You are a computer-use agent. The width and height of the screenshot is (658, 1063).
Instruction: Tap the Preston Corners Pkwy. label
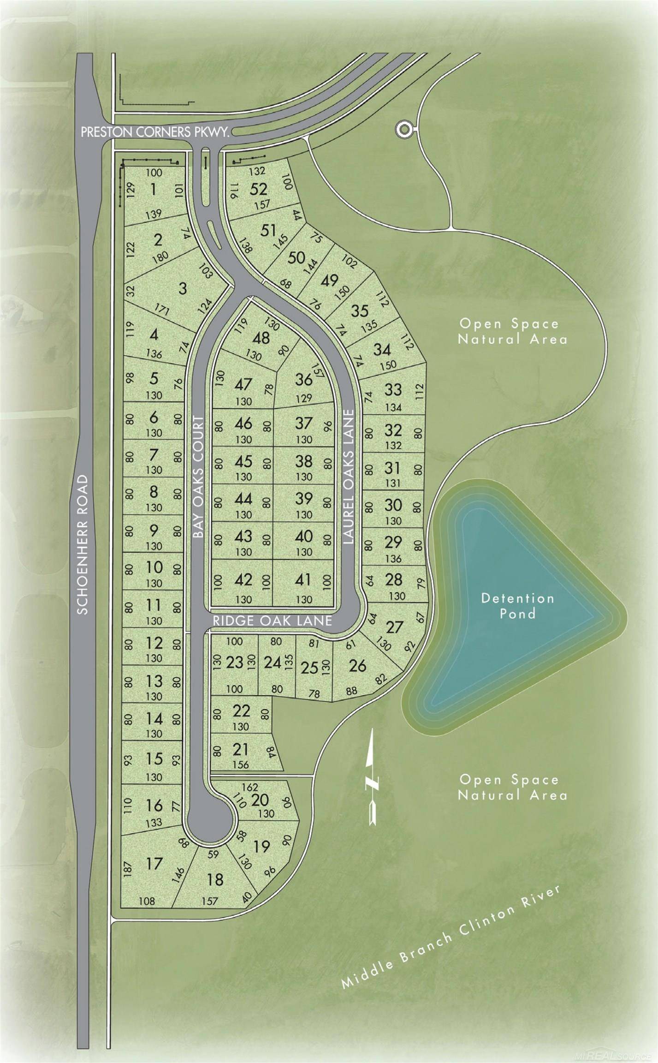pyautogui.click(x=155, y=132)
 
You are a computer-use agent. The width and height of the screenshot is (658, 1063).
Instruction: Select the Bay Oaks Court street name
pyautogui.click(x=198, y=477)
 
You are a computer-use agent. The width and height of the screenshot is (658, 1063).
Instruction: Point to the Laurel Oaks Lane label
pyautogui.click(x=349, y=477)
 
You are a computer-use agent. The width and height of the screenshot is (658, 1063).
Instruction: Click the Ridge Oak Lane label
pyautogui.click(x=272, y=621)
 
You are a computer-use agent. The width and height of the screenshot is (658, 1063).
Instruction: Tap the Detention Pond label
pyautogui.click(x=517, y=606)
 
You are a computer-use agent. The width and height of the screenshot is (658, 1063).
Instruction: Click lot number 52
pyautogui.click(x=259, y=189)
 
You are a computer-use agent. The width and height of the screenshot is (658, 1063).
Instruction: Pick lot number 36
pyautogui.click(x=304, y=379)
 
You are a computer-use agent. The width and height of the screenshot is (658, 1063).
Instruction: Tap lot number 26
pyautogui.click(x=358, y=665)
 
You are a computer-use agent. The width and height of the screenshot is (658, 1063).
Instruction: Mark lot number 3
pyautogui.click(x=183, y=289)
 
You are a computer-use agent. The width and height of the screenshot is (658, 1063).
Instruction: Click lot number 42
pyautogui.click(x=243, y=579)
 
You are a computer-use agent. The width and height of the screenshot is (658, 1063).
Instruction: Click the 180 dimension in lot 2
pyautogui.click(x=163, y=256)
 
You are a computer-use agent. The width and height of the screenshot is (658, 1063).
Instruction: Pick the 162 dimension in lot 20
pyautogui.click(x=249, y=787)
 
